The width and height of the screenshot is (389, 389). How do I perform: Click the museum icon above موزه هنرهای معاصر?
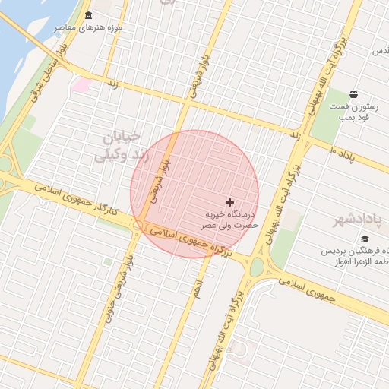click(89, 16)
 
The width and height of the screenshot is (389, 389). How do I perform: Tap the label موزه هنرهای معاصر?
click(89, 28)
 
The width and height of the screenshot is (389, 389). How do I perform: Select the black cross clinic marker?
click(229, 202)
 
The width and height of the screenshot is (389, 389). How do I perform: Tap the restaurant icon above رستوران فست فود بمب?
click(354, 94)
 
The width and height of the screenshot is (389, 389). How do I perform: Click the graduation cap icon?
click(354, 240)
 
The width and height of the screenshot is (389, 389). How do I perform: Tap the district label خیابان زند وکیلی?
click(117, 147)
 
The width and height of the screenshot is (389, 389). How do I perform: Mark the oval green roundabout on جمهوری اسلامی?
click(256, 267)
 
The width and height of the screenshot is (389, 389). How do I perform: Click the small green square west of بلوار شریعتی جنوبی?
click(108, 261)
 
